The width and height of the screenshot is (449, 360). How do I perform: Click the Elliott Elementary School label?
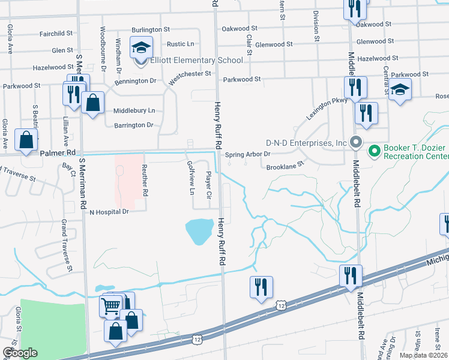coord(197,60)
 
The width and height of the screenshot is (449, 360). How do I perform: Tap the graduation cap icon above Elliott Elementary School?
coord(142,47)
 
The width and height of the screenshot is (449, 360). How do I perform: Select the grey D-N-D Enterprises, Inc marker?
coord(355,143)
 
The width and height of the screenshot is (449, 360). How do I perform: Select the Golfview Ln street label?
coord(191,178)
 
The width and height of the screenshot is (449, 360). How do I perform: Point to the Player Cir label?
coord(209,185)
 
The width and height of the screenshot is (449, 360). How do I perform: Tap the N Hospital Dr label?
coord(109,212)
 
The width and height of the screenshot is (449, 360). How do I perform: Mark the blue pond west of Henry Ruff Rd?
coord(199,231)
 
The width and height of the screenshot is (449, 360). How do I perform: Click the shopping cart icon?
coord(110,306)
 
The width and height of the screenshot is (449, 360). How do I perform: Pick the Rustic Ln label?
coord(180,44)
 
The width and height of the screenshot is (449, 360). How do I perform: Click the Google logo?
coord(19,353)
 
